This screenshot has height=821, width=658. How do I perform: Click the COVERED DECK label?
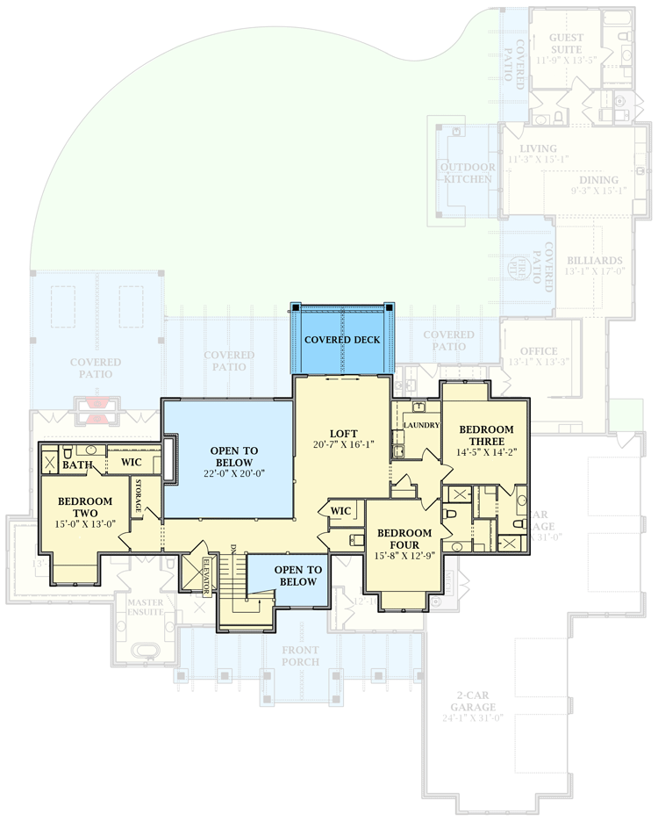pyautogui.click(x=343, y=340)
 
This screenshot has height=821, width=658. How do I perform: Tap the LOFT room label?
pyautogui.click(x=343, y=433)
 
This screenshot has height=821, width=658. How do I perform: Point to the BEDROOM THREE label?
pyautogui.click(x=485, y=435)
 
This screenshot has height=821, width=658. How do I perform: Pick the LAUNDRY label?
pyautogui.click(x=421, y=426)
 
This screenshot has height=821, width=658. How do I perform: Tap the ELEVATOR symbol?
pyautogui.click(x=207, y=576)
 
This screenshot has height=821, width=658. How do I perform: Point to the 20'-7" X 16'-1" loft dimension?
pyautogui.click(x=343, y=445)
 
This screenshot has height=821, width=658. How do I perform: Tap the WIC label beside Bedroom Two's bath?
pyautogui.click(x=132, y=462)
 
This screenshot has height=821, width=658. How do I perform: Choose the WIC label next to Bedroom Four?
pyautogui.click(x=340, y=510)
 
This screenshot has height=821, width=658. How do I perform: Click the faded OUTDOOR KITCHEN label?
pyautogui.click(x=468, y=173)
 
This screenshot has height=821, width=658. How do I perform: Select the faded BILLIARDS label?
pyautogui.click(x=595, y=261)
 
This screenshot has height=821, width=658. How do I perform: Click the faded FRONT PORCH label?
pyautogui.click(x=301, y=656)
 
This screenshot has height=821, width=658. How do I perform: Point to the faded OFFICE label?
pyautogui.click(x=539, y=351)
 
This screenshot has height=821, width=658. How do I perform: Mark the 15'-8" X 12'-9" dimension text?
pyautogui.click(x=404, y=555)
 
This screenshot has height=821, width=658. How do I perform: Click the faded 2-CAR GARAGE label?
pyautogui.click(x=475, y=701)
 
